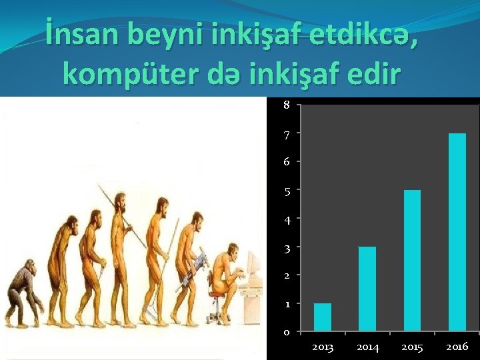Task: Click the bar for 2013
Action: click(322, 317)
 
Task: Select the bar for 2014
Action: click(367, 289)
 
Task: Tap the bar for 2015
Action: click(412, 260)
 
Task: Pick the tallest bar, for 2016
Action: click(457, 232)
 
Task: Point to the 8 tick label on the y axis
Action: click(286, 105)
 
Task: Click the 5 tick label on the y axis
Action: click(286, 191)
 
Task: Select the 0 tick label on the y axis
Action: click(286, 332)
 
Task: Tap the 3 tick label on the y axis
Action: click(286, 247)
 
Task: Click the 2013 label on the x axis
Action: click(323, 347)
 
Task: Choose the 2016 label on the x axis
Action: click(457, 347)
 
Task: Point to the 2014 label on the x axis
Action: click(368, 347)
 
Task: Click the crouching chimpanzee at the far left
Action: click(23, 294)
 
